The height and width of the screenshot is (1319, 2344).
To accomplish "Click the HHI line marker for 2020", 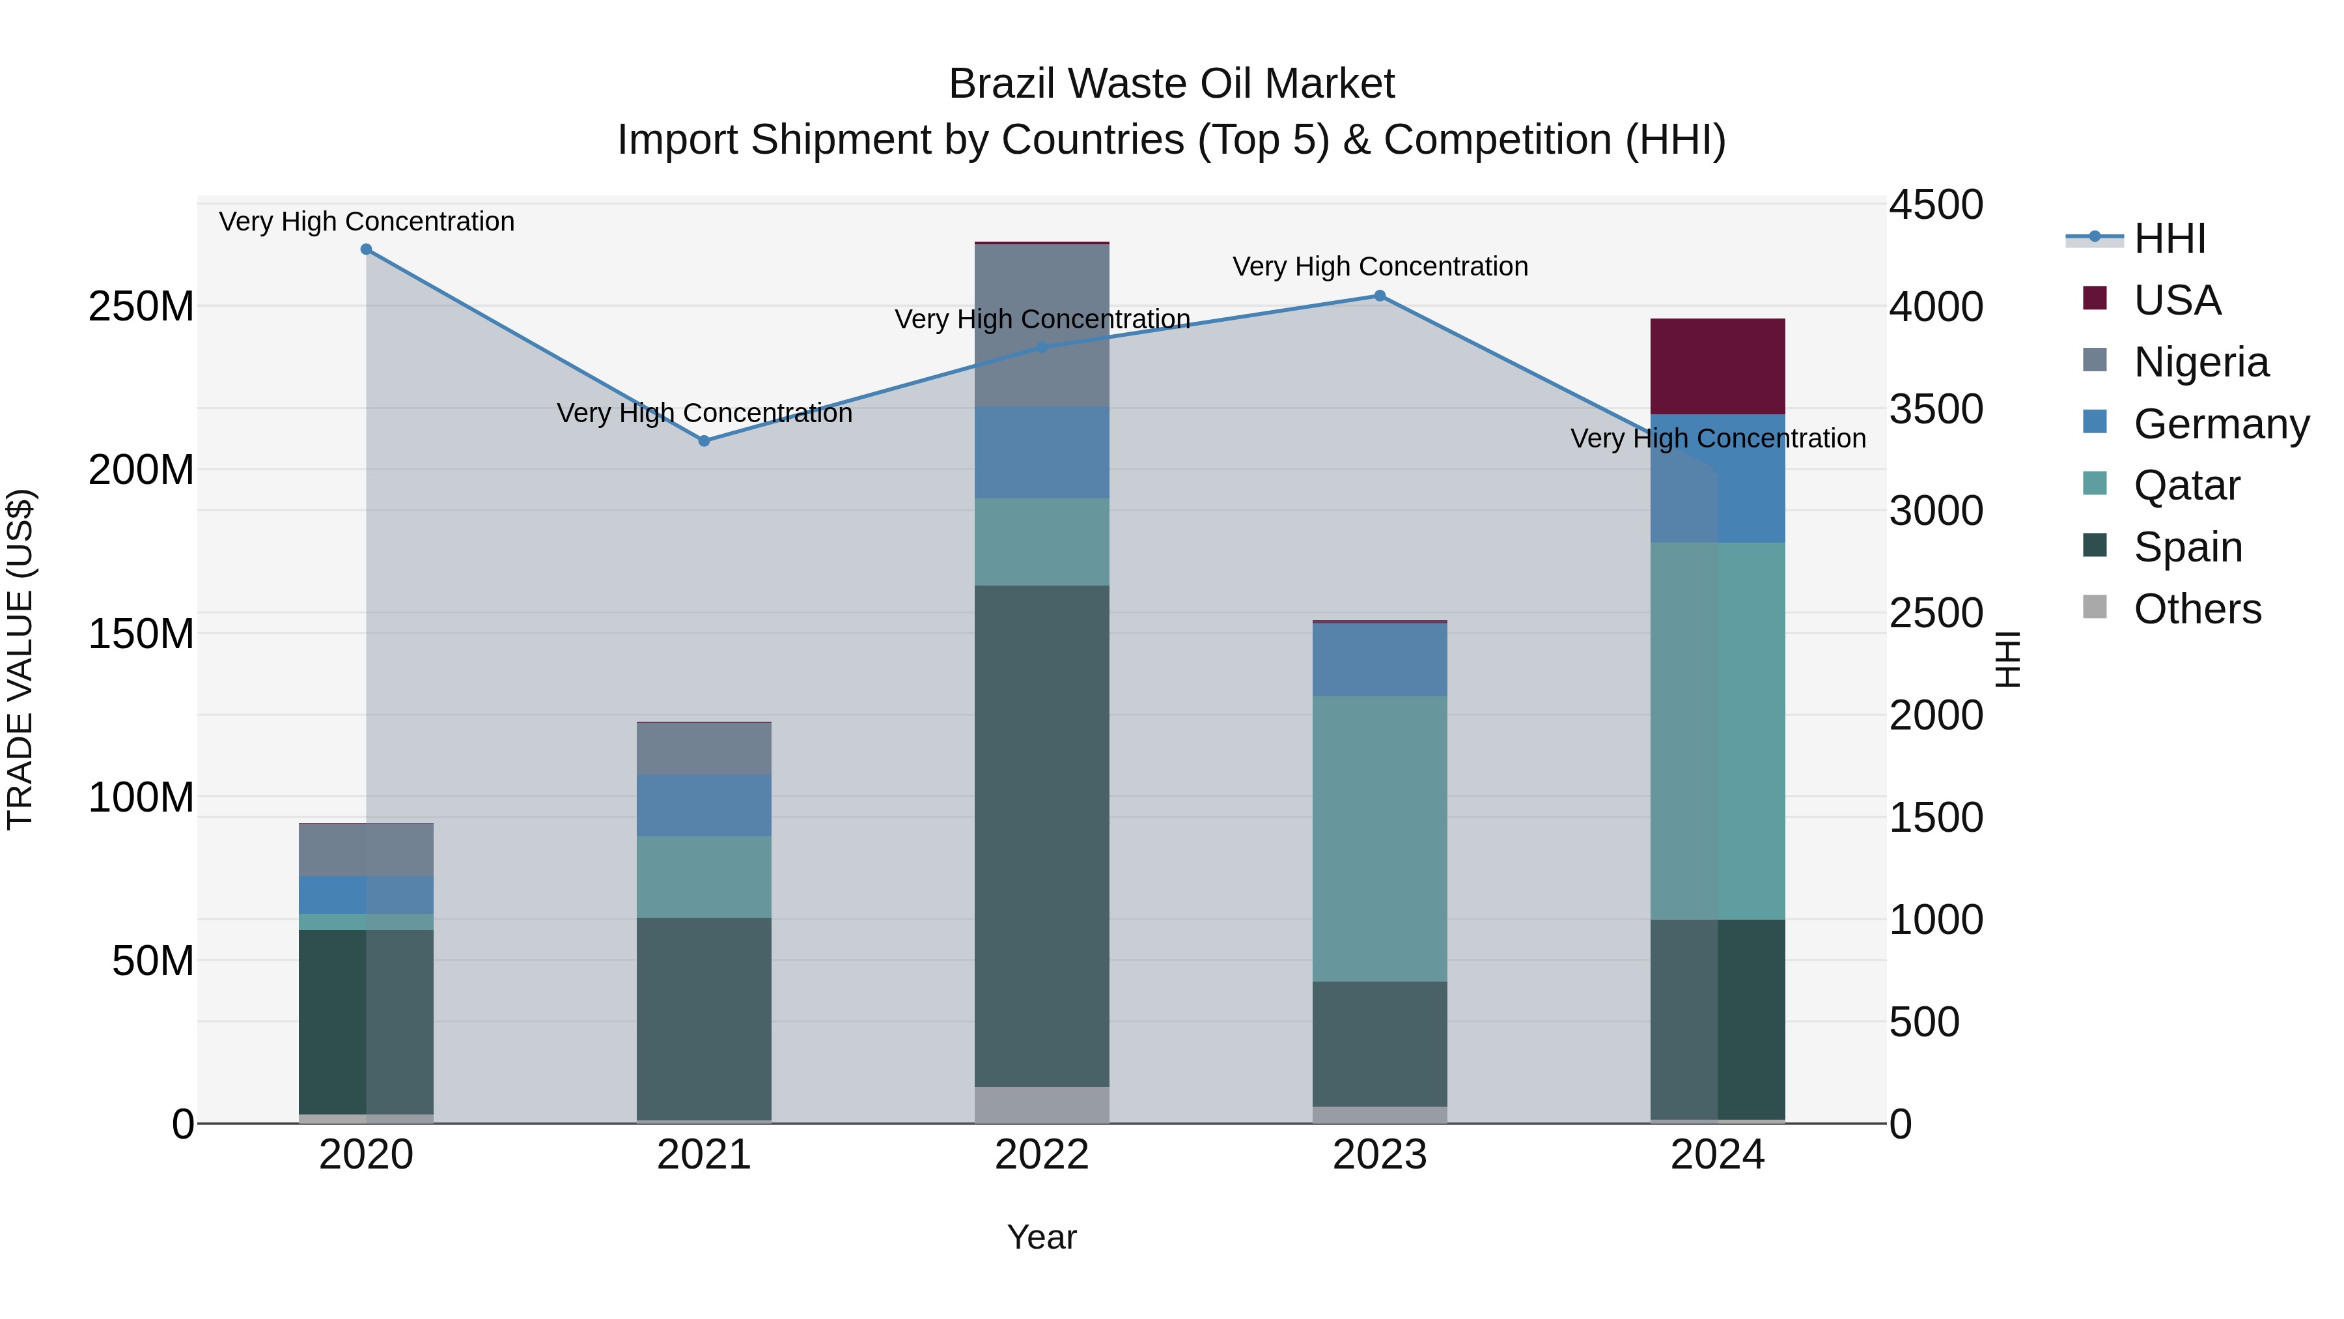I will (366, 249).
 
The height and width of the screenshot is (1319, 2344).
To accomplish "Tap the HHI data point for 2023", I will (1380, 296).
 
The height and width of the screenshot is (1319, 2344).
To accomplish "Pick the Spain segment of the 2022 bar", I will (1042, 836).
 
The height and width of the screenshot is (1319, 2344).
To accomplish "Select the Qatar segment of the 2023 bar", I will (1380, 838).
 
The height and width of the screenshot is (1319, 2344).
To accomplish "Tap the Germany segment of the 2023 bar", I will (1380, 660).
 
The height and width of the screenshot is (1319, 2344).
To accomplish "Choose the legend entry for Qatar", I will (2186, 485).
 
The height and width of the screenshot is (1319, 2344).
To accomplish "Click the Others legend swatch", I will (2095, 607).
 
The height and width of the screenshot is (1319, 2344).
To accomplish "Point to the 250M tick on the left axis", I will (141, 307).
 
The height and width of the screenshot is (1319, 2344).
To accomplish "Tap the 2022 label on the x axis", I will (1042, 1155).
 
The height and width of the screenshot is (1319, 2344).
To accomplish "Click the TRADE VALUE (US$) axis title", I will (20, 659).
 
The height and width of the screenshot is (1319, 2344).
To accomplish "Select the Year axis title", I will (1042, 1237).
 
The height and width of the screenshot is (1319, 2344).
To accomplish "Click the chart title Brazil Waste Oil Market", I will (1171, 84).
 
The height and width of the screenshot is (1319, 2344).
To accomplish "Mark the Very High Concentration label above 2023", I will (1380, 266).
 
